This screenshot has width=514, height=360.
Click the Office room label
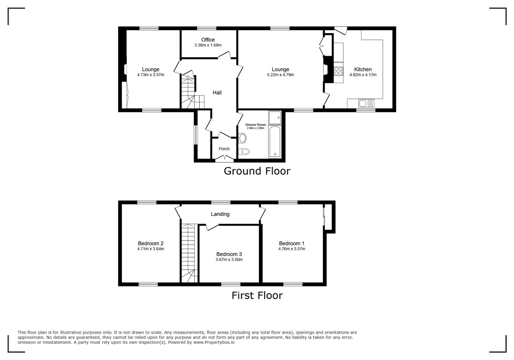208,40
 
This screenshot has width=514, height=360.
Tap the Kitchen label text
363,69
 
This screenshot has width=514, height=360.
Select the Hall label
217,93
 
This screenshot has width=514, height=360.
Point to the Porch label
224,149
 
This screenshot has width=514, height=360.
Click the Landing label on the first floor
220,214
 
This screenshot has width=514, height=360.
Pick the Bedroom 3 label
229,254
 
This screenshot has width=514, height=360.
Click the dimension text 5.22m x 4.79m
280,75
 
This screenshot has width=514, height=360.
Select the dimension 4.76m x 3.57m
292,249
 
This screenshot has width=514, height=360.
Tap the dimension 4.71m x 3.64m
151,249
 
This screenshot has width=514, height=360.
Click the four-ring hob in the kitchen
339,71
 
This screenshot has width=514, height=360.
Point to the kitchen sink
366,103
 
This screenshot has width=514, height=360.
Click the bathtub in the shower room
275,142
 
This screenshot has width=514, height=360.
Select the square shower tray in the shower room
275,118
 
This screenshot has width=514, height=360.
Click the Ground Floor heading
257,171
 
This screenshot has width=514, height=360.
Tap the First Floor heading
257,295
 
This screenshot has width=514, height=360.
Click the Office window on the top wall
207,29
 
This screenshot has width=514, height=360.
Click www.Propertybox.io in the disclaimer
214,342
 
